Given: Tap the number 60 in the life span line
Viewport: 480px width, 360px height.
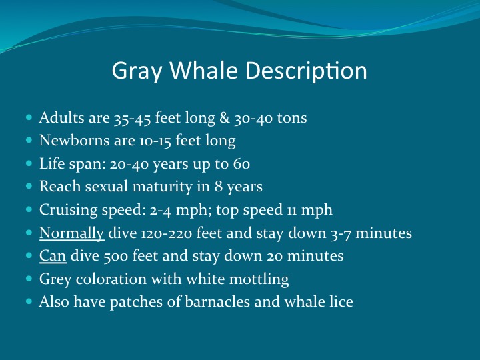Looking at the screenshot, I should (x=241, y=165).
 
